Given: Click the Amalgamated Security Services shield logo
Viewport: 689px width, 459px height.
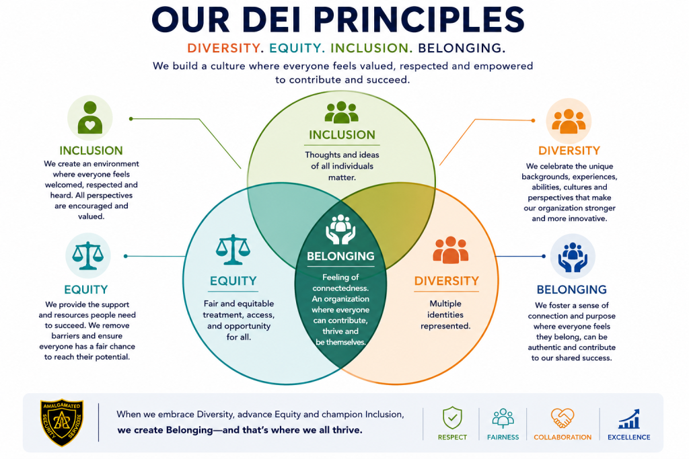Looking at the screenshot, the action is (x=62, y=423).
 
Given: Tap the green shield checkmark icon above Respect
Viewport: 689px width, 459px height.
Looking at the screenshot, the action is (x=452, y=418).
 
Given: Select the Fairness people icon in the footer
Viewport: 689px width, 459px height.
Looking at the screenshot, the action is (x=503, y=418).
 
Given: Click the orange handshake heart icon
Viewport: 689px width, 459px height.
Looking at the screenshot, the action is (x=563, y=418).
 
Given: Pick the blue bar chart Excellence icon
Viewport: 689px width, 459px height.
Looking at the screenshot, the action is (x=629, y=419).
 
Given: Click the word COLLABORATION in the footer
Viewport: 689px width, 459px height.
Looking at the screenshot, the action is (x=563, y=437).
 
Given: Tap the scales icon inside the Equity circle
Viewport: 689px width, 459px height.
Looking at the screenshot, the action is (x=233, y=249).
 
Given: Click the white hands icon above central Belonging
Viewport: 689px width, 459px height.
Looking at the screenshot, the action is (x=340, y=229).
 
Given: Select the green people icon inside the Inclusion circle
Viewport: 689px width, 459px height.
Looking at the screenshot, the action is (x=341, y=112).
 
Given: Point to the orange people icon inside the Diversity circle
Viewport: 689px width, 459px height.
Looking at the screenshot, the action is (x=450, y=250).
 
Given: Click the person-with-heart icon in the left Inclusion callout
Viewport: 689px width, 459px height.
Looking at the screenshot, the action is (x=90, y=117).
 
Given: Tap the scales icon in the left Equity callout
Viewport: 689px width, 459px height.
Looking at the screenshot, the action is (x=88, y=255).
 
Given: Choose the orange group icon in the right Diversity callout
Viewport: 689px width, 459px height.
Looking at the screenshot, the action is (x=569, y=121).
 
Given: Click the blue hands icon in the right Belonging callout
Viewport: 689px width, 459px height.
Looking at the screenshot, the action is (x=573, y=257).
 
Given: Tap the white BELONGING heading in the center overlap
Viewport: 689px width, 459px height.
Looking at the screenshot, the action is (x=340, y=256).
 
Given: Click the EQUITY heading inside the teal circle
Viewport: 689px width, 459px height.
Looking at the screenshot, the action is (x=233, y=281).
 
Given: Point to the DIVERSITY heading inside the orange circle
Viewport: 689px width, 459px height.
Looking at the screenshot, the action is (x=447, y=281).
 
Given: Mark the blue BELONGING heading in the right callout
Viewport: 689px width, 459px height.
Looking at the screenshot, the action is (x=572, y=290).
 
